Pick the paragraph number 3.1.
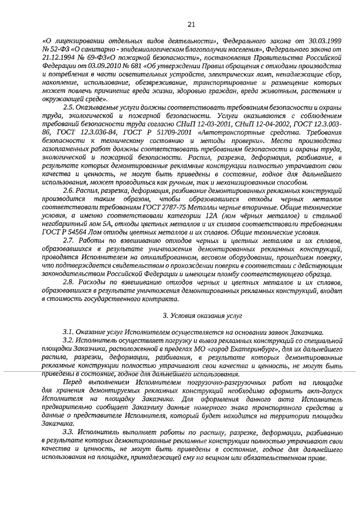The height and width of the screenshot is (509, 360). [69, 333]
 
